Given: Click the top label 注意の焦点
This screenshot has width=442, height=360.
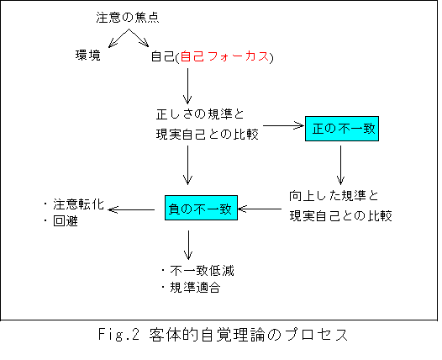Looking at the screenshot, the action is coord(128,18).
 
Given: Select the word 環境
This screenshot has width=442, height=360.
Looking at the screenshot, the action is coord(88,55).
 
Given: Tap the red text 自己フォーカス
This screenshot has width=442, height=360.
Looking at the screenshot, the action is coord(224,56).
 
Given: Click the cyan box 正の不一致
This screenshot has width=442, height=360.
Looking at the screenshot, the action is coord(342,129).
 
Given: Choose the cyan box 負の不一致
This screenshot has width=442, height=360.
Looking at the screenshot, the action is coord(202,208).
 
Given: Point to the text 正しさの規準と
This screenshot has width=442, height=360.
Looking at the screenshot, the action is coord(200,114).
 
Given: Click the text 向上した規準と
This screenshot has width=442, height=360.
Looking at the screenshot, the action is coord(334,196).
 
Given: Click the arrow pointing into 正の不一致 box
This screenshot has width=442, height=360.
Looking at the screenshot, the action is coord(284,126).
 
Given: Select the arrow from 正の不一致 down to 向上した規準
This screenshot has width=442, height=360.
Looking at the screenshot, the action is coord(340,165).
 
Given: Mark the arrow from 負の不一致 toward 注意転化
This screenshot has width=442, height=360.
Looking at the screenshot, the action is coord(131,209).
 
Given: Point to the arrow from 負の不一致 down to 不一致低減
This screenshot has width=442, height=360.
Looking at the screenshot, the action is coord(188,245).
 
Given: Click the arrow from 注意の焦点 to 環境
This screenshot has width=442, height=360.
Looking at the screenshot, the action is coord(118,38).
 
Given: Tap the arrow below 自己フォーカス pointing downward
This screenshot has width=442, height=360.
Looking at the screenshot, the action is coord(187,86).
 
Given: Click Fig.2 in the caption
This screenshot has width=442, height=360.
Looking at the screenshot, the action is coord(119,335).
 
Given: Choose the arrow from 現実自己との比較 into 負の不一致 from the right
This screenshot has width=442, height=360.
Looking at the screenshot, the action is coord(260,209).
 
